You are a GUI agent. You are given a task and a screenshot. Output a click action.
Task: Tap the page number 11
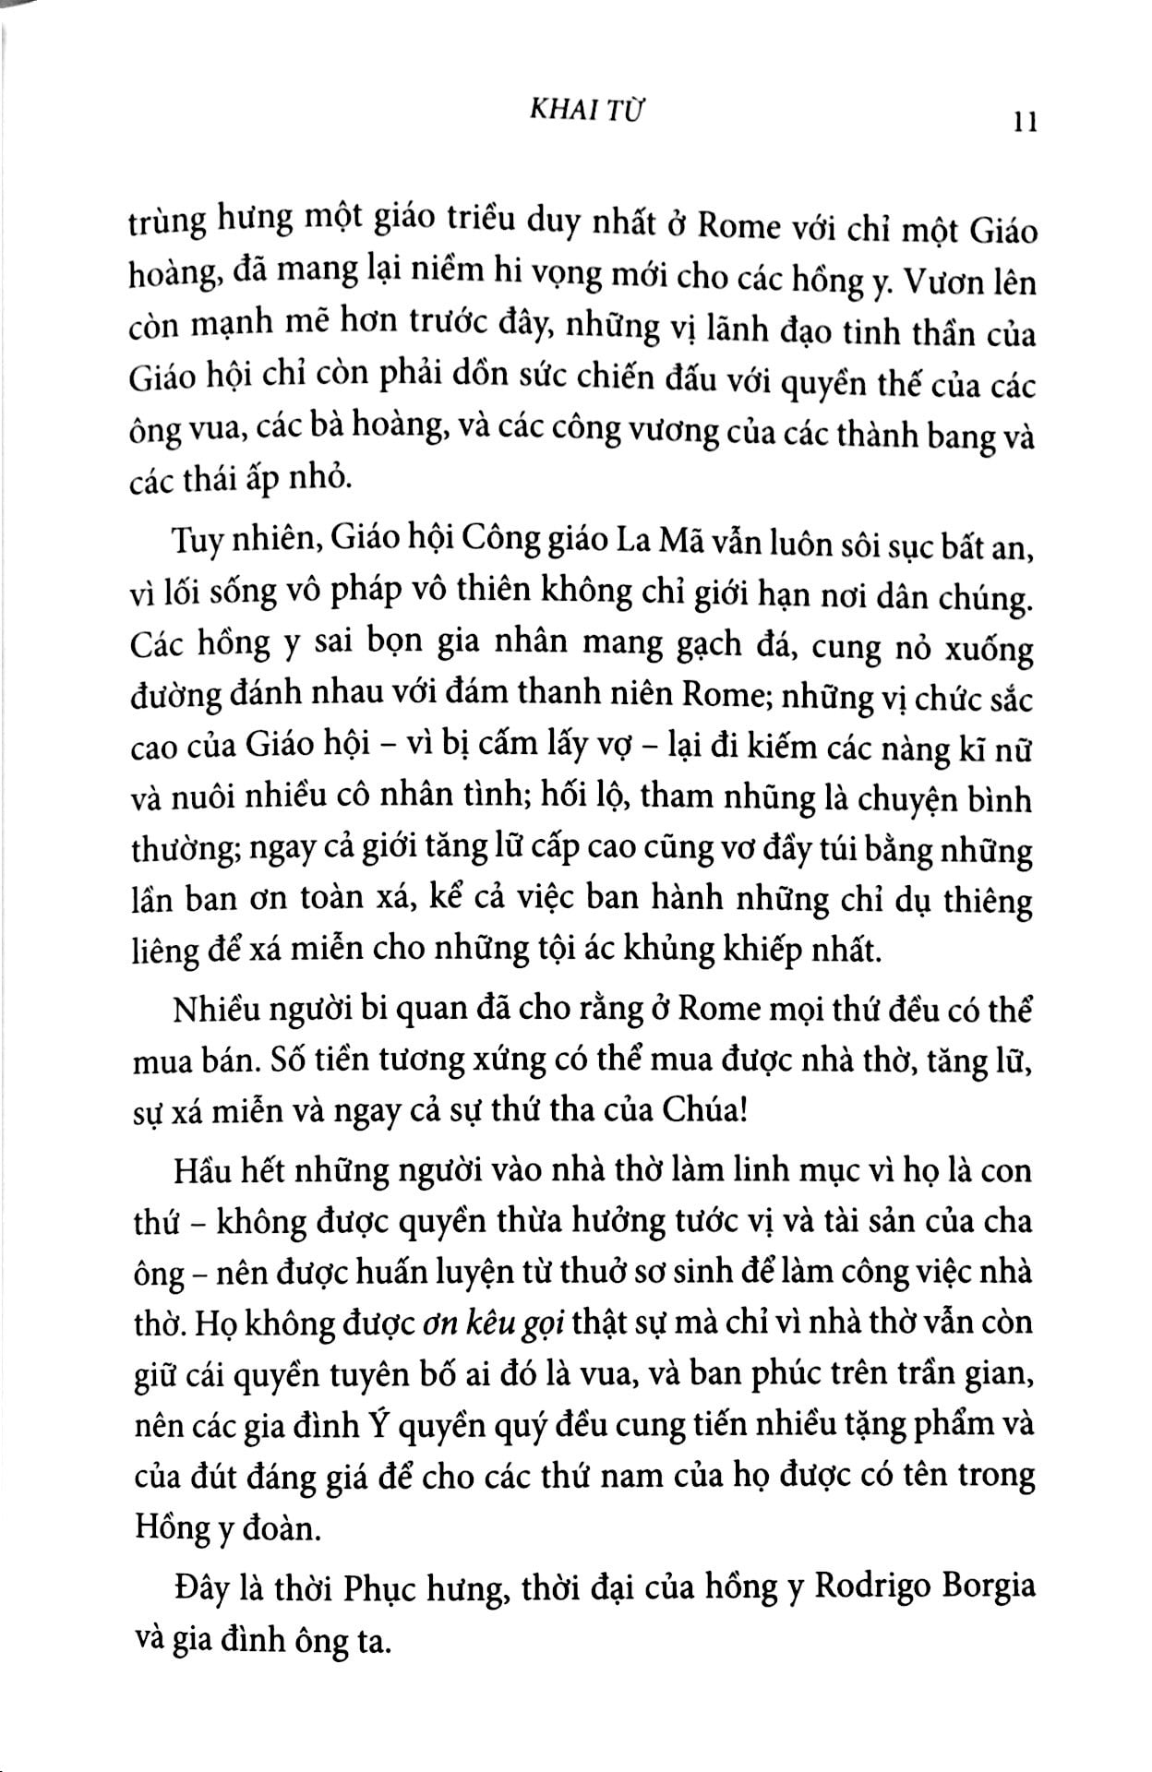click(x=1025, y=122)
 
